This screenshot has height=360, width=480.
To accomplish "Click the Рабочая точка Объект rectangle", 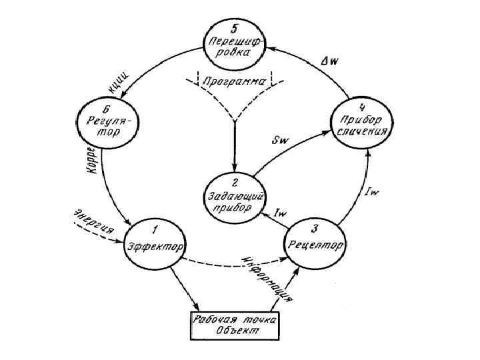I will [x=235, y=324].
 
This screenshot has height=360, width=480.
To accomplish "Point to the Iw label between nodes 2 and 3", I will [x=281, y=212].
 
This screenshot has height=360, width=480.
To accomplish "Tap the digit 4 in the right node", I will [x=363, y=107].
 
